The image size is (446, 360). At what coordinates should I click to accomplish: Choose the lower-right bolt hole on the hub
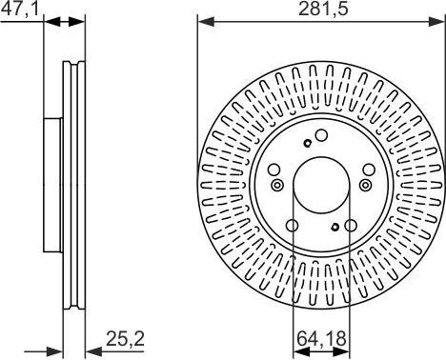[351, 227]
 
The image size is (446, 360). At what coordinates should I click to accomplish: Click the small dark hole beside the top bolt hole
[306, 144]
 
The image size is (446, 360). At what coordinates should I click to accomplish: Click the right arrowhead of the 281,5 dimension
[438, 20]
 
